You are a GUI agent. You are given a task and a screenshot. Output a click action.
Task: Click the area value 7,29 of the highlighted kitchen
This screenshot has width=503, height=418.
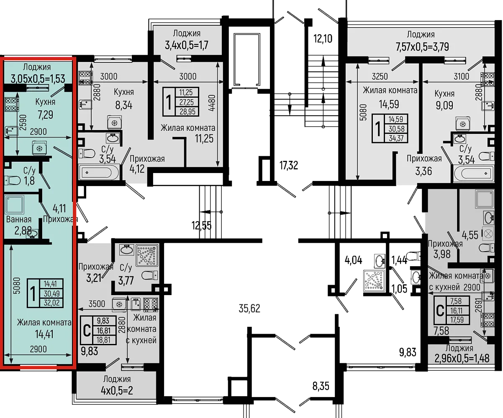point(45,115)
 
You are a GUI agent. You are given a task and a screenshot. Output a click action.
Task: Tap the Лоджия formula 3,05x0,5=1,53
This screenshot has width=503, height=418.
point(38,79)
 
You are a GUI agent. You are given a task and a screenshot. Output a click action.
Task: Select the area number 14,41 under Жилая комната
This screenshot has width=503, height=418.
point(44,334)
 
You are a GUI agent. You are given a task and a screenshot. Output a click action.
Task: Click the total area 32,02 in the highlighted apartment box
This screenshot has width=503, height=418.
point(51,303)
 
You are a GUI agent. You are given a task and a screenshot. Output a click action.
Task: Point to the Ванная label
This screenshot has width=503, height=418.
point(19,219)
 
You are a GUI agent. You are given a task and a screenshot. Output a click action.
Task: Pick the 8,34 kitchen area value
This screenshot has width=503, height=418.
point(124,105)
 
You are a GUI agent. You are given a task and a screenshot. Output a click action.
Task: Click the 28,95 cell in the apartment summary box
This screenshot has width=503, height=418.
point(187,112)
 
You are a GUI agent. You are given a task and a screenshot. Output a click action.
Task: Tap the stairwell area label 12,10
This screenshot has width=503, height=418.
point(323,38)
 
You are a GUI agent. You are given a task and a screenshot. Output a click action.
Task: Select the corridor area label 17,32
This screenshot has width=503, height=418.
point(289,166)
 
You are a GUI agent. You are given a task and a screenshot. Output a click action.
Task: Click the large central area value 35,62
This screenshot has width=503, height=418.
point(249,308)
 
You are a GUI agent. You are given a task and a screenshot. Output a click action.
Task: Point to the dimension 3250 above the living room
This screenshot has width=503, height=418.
point(380,76)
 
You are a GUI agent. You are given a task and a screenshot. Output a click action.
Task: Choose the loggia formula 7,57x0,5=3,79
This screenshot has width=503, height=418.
point(422,47)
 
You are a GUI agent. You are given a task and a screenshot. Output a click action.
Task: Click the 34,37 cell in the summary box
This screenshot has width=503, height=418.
point(396,138)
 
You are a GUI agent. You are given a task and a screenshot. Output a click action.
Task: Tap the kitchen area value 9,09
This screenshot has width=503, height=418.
point(444,105)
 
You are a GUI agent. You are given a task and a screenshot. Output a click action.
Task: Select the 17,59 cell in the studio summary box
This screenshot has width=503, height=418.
point(457,320)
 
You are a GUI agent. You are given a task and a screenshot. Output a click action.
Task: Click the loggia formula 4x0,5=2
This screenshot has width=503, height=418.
point(117,390)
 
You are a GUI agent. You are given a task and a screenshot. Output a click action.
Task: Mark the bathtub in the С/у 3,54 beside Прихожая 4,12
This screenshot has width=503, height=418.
point(99,172)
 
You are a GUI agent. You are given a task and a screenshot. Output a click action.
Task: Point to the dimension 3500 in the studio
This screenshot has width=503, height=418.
point(97,304)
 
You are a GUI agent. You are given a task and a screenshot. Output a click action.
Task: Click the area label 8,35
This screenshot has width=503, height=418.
point(321,386)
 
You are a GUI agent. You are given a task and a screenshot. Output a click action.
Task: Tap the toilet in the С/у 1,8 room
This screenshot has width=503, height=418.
point(13,181)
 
